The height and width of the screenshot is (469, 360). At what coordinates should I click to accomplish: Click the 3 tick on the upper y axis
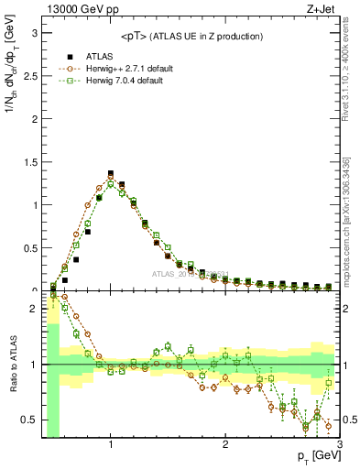33,32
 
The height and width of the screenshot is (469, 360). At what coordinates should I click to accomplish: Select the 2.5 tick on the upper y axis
29,75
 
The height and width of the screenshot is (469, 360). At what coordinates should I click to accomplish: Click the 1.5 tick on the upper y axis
29,161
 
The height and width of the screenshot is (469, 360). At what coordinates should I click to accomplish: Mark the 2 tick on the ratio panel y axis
33,309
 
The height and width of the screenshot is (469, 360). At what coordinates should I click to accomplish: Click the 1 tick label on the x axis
111,445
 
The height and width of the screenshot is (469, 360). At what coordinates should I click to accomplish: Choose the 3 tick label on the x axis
339,445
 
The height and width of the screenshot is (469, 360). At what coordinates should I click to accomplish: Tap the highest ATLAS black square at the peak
111,173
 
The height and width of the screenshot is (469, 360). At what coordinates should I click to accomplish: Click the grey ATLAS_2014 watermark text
193,274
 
